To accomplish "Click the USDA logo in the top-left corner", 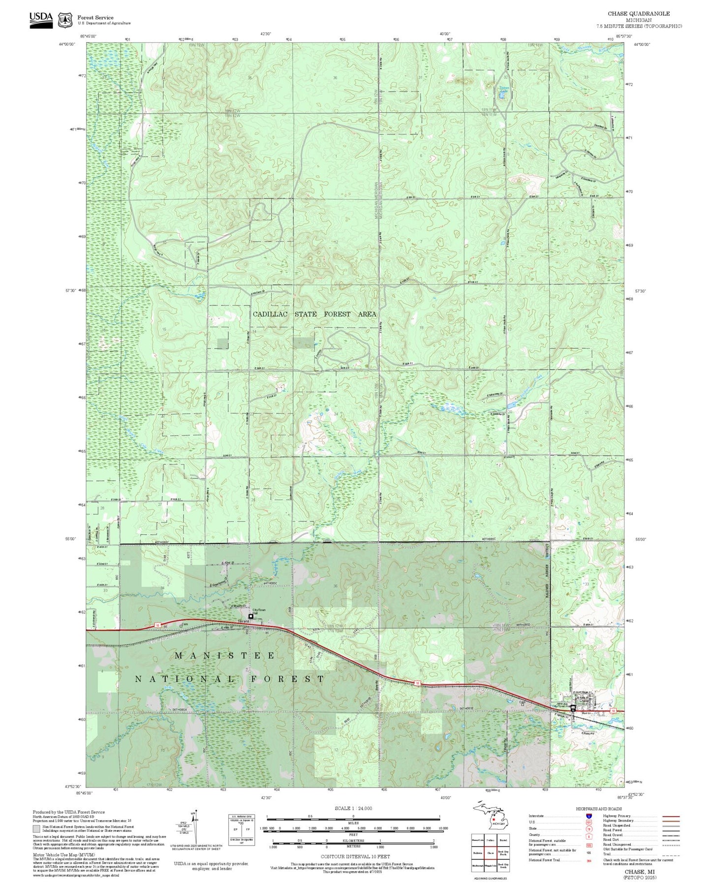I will click(41, 19).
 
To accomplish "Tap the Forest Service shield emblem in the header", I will click(64, 20).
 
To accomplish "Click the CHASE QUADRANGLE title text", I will click(638, 14).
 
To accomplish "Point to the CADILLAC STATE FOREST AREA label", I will click(314, 314).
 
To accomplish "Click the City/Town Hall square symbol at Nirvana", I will click(251, 616).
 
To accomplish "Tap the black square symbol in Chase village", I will click(573, 707).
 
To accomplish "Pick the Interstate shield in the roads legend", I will click(588, 816).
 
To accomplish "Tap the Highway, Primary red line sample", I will click(671, 816).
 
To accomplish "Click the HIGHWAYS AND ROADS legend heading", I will click(599, 809).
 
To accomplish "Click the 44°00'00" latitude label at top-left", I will click(67, 44).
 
